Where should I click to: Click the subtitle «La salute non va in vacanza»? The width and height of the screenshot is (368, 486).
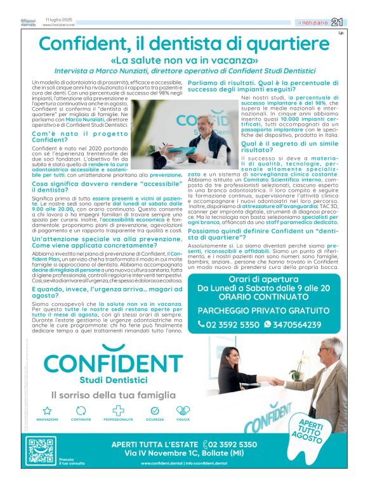coord(183,61)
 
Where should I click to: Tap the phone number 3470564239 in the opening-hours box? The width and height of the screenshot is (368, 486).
coord(296,324)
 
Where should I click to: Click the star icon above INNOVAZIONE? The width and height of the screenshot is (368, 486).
coord(47,411)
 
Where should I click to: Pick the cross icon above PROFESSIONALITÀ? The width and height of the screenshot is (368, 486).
coord(118,411)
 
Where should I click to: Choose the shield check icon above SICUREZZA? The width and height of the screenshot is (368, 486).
coord(155,411)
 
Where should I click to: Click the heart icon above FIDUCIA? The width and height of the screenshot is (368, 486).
coord(183,411)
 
